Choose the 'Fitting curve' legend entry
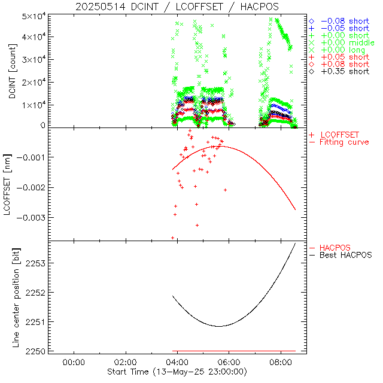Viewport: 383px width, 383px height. (x=344, y=142)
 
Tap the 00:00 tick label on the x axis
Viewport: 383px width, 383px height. (x=73, y=362)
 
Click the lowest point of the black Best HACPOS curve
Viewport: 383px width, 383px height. (x=219, y=326)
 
